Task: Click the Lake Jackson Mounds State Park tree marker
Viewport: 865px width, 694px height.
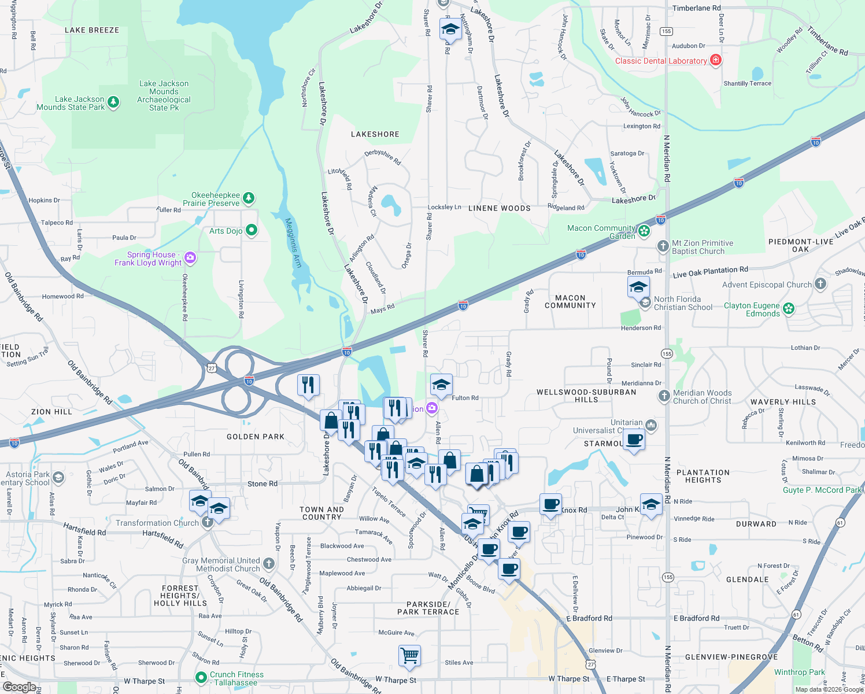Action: coord(113,103)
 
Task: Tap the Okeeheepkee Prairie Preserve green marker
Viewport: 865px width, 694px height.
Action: coord(249,198)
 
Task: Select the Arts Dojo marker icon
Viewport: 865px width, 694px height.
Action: coord(252,230)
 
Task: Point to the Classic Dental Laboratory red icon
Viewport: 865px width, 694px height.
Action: coord(716,60)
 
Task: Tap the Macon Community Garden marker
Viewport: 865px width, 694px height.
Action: coord(644,231)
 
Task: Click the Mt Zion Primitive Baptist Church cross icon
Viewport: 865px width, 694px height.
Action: coord(663,246)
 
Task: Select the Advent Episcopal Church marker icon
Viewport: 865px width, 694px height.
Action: coord(820,284)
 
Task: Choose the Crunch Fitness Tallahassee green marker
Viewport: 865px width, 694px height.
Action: coord(201,677)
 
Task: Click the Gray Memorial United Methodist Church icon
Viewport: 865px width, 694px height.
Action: coord(269,564)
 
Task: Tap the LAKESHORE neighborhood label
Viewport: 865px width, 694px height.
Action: coord(375,134)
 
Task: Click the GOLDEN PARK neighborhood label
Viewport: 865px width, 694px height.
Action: coord(256,437)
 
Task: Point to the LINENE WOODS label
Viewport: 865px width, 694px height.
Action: coord(500,208)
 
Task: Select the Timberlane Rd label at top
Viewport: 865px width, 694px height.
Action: coord(696,8)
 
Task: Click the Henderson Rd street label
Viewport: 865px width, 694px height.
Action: coord(641,328)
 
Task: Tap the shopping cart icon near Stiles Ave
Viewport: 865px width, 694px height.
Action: coord(409,656)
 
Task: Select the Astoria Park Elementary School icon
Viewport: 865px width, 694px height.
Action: coord(58,478)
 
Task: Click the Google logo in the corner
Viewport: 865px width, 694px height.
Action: coord(19,686)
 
